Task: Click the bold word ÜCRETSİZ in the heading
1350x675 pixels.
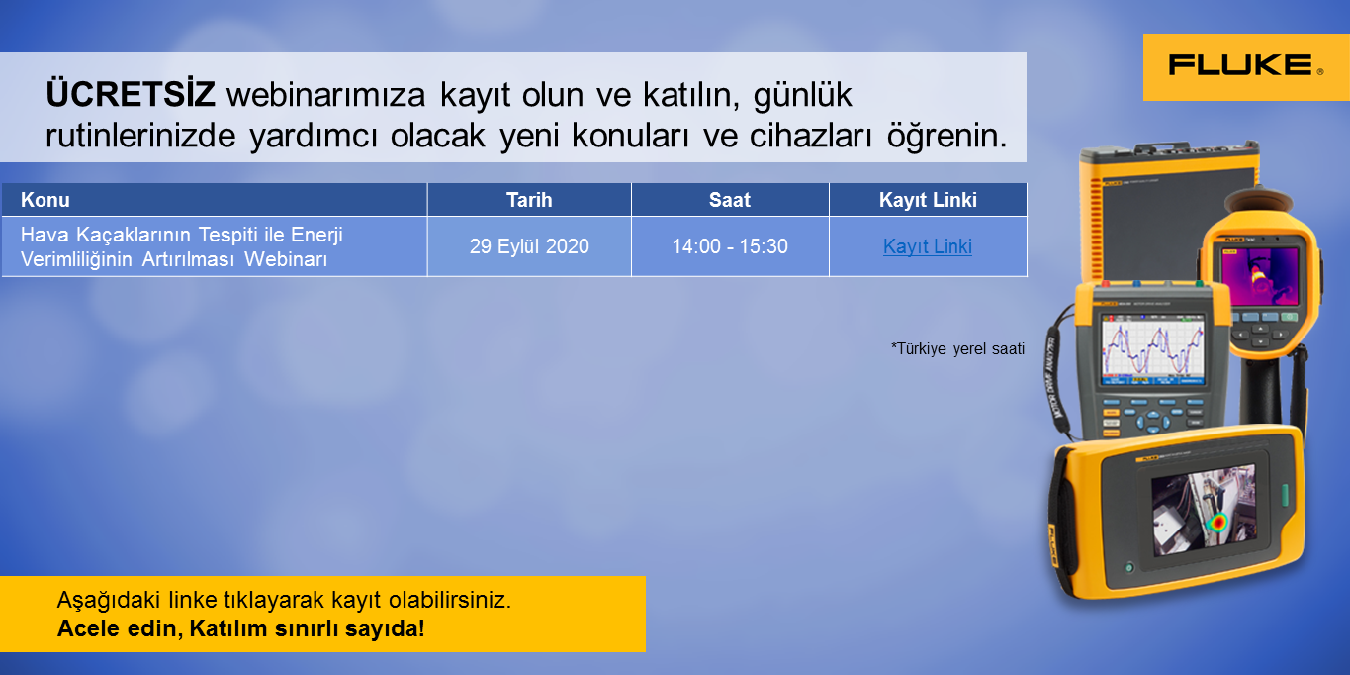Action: [x=131, y=95]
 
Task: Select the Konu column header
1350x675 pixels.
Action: [x=45, y=200]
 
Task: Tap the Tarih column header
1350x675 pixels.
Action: [x=528, y=200]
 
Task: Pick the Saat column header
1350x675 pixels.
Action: [x=729, y=200]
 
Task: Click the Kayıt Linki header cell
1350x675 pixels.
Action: [x=928, y=200]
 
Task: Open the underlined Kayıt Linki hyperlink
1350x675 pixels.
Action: [x=928, y=246]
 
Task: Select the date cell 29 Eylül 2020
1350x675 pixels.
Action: [x=529, y=246]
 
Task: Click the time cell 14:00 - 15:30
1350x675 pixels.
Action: [x=730, y=246]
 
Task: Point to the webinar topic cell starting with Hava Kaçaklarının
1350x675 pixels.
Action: [x=181, y=246]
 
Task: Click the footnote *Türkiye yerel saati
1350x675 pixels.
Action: [x=957, y=348]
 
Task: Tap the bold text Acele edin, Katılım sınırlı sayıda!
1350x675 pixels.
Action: [x=241, y=628]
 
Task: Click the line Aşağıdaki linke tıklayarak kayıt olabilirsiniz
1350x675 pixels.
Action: [x=284, y=600]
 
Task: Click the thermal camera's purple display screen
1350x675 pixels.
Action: [x=1259, y=277]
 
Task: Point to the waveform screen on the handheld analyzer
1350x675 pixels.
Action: [x=1152, y=349]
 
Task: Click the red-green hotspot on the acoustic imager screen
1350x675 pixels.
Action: [x=1218, y=522]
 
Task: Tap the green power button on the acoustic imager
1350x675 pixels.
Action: [x=1128, y=568]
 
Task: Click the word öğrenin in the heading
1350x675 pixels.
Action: [x=946, y=137]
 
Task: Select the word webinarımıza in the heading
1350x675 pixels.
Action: [x=325, y=95]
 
